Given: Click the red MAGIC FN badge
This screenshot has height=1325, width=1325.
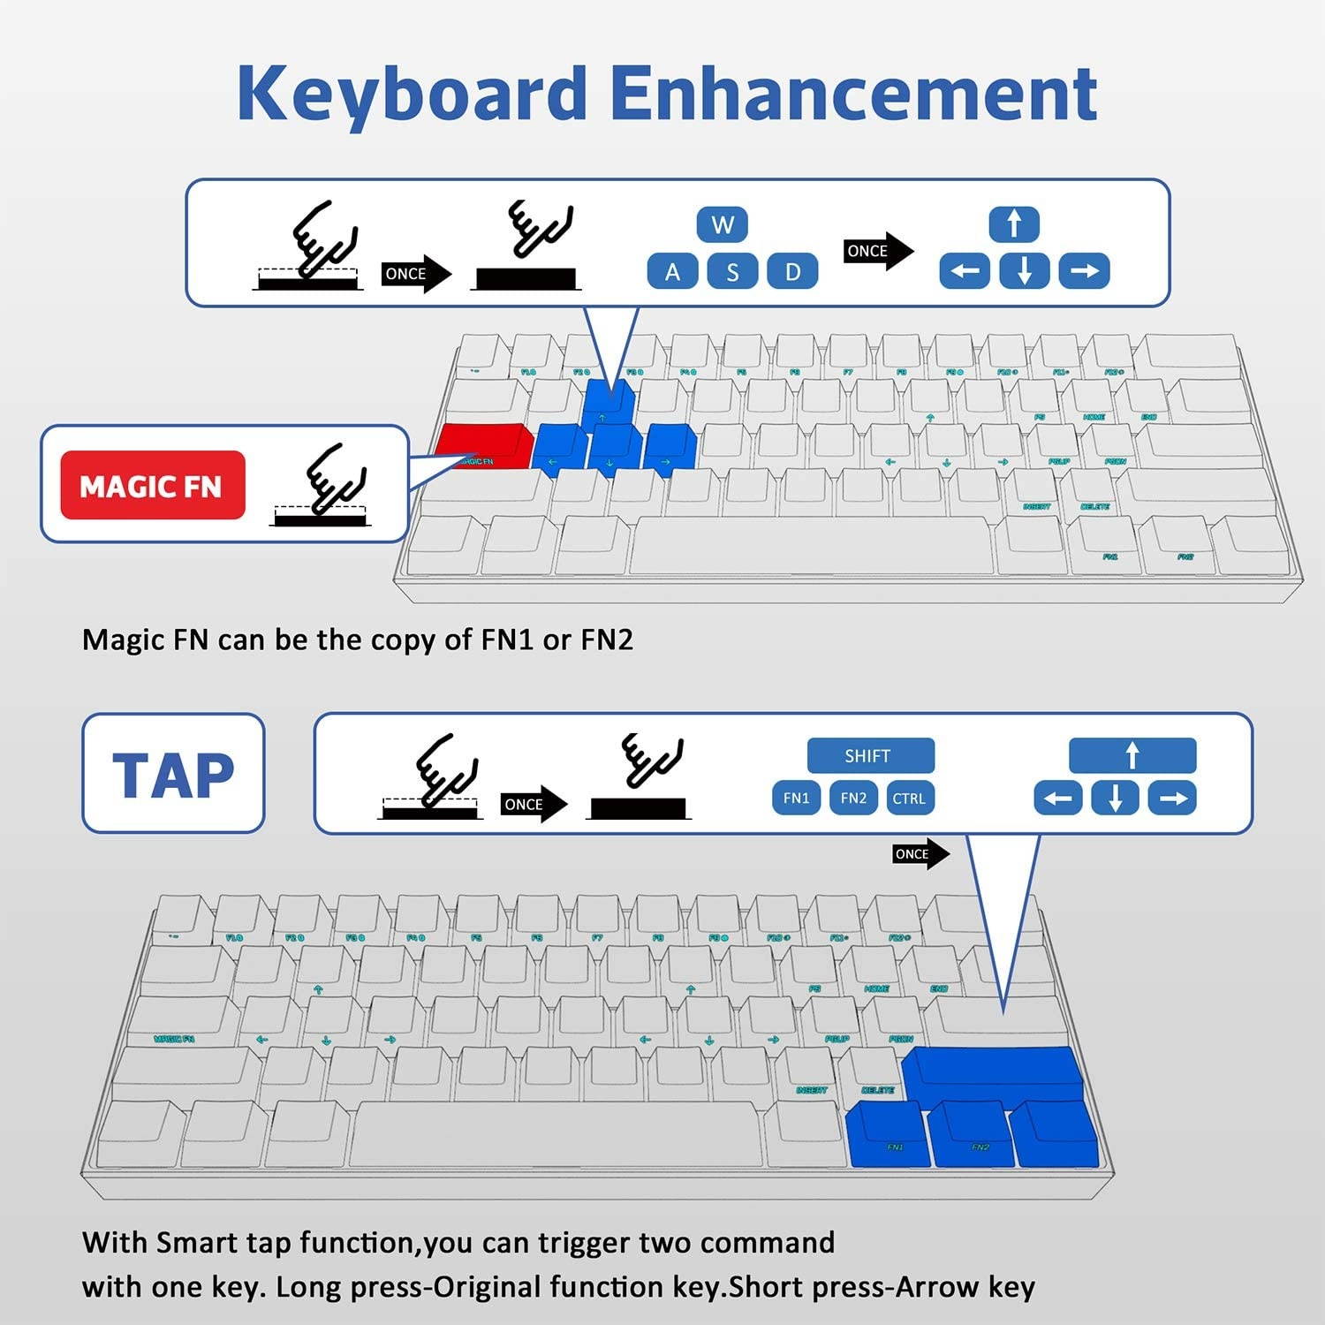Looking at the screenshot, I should [152, 485].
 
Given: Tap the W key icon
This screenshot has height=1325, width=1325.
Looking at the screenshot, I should [723, 224].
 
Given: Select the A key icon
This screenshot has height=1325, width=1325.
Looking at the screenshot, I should [672, 271].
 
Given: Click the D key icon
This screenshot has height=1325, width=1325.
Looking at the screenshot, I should [792, 271].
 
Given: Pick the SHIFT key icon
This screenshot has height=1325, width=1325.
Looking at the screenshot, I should [869, 755].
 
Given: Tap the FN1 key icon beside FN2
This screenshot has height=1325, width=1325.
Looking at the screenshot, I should [796, 798].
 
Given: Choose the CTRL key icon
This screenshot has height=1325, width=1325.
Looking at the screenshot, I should [909, 798].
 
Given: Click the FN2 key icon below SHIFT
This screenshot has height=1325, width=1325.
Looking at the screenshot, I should [853, 798].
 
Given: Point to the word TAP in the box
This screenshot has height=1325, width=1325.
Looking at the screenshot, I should [173, 775].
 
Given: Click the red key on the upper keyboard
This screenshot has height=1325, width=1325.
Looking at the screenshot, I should [483, 446].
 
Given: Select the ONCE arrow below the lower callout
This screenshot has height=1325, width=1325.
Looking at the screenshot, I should [920, 854].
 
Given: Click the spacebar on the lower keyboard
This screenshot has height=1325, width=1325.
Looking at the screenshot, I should [556, 1134].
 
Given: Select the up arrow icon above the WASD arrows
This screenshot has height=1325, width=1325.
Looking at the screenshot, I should [1014, 223].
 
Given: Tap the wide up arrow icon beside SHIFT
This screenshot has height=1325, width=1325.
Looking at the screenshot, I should [1132, 755].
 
